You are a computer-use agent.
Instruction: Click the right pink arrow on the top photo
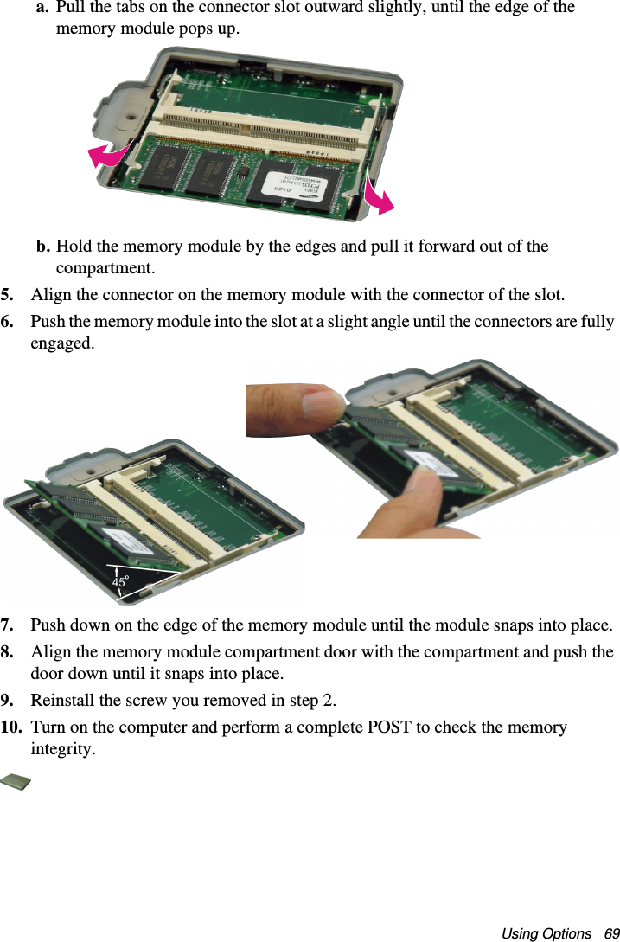pyautogui.click(x=378, y=196)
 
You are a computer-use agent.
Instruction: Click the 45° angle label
pyautogui.click(x=121, y=581)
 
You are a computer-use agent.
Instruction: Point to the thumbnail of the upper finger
pyautogui.click(x=323, y=406)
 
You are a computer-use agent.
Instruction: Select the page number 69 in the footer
pyautogui.click(x=611, y=933)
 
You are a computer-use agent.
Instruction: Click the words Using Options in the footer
pyautogui.click(x=546, y=933)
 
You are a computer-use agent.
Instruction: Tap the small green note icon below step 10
pyautogui.click(x=16, y=782)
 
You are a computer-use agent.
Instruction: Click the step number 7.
pyautogui.click(x=7, y=625)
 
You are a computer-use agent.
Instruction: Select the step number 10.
pyautogui.click(x=11, y=727)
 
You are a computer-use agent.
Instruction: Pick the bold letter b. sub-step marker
pyautogui.click(x=43, y=247)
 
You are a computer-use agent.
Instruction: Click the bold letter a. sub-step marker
pyautogui.click(x=43, y=8)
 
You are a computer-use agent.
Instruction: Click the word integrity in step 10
pyautogui.click(x=61, y=750)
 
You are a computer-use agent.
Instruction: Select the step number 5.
pyautogui.click(x=7, y=295)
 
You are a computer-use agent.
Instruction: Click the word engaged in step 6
pyautogui.click(x=62, y=344)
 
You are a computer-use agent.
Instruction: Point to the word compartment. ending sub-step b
pyautogui.click(x=105, y=268)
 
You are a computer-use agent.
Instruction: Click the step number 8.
pyautogui.click(x=7, y=652)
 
